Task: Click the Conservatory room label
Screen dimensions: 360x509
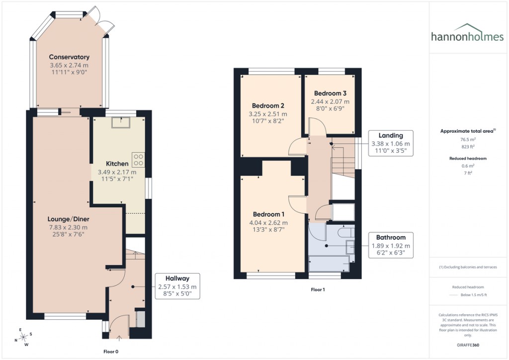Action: coord(69,57)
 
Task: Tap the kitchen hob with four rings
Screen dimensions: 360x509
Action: coord(138,160)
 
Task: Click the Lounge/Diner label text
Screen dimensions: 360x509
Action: coord(68,219)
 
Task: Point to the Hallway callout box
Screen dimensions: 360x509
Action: coord(177,286)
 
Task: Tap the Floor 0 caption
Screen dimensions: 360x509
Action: coord(110,352)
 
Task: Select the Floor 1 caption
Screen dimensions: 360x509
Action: coord(318,289)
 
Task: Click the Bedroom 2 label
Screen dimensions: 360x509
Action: coord(268,106)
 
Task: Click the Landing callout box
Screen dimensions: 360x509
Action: coord(390,144)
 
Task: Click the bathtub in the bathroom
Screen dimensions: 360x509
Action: coord(329,264)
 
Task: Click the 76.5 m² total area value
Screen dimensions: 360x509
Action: coord(469,140)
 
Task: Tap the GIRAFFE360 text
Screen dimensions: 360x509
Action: coord(469,345)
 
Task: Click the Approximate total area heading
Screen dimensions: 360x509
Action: coord(468,131)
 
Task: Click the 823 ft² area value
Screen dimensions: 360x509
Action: coord(469,147)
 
